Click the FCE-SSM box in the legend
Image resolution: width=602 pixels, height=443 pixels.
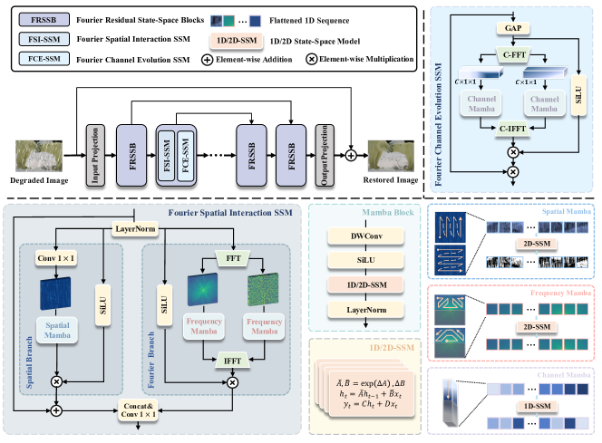(x=38, y=59)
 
